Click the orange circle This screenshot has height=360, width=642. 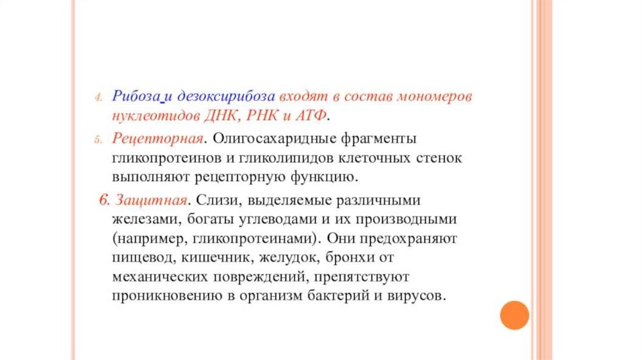[x=514, y=315]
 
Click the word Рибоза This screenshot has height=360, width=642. [x=136, y=96]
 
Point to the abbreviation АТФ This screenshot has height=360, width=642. [x=311, y=115]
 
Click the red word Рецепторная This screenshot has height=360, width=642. [x=157, y=139]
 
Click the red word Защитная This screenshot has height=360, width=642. [x=151, y=200]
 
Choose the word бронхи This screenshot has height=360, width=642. [x=349, y=257]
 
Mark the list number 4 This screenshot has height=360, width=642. [x=98, y=98]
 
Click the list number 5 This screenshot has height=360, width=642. [x=98, y=140]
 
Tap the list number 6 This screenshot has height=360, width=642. [x=104, y=200]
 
